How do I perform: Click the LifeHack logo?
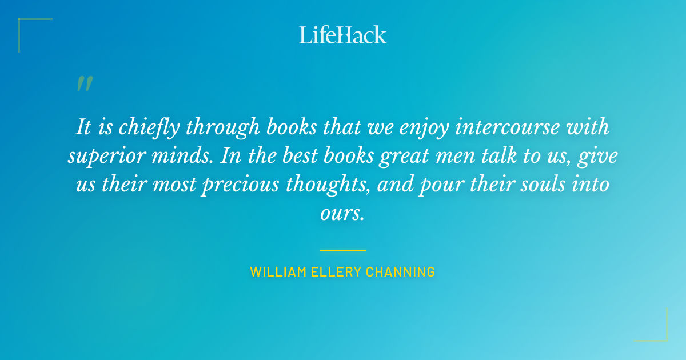pos(343,35)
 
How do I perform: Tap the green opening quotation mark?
pos(84,84)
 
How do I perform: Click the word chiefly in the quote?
pos(150,127)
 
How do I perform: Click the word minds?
pos(184,156)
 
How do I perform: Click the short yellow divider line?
pos(343,250)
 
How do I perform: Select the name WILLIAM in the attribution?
pos(273,272)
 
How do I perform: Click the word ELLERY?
pos(328,272)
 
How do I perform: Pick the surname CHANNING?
pos(400,272)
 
